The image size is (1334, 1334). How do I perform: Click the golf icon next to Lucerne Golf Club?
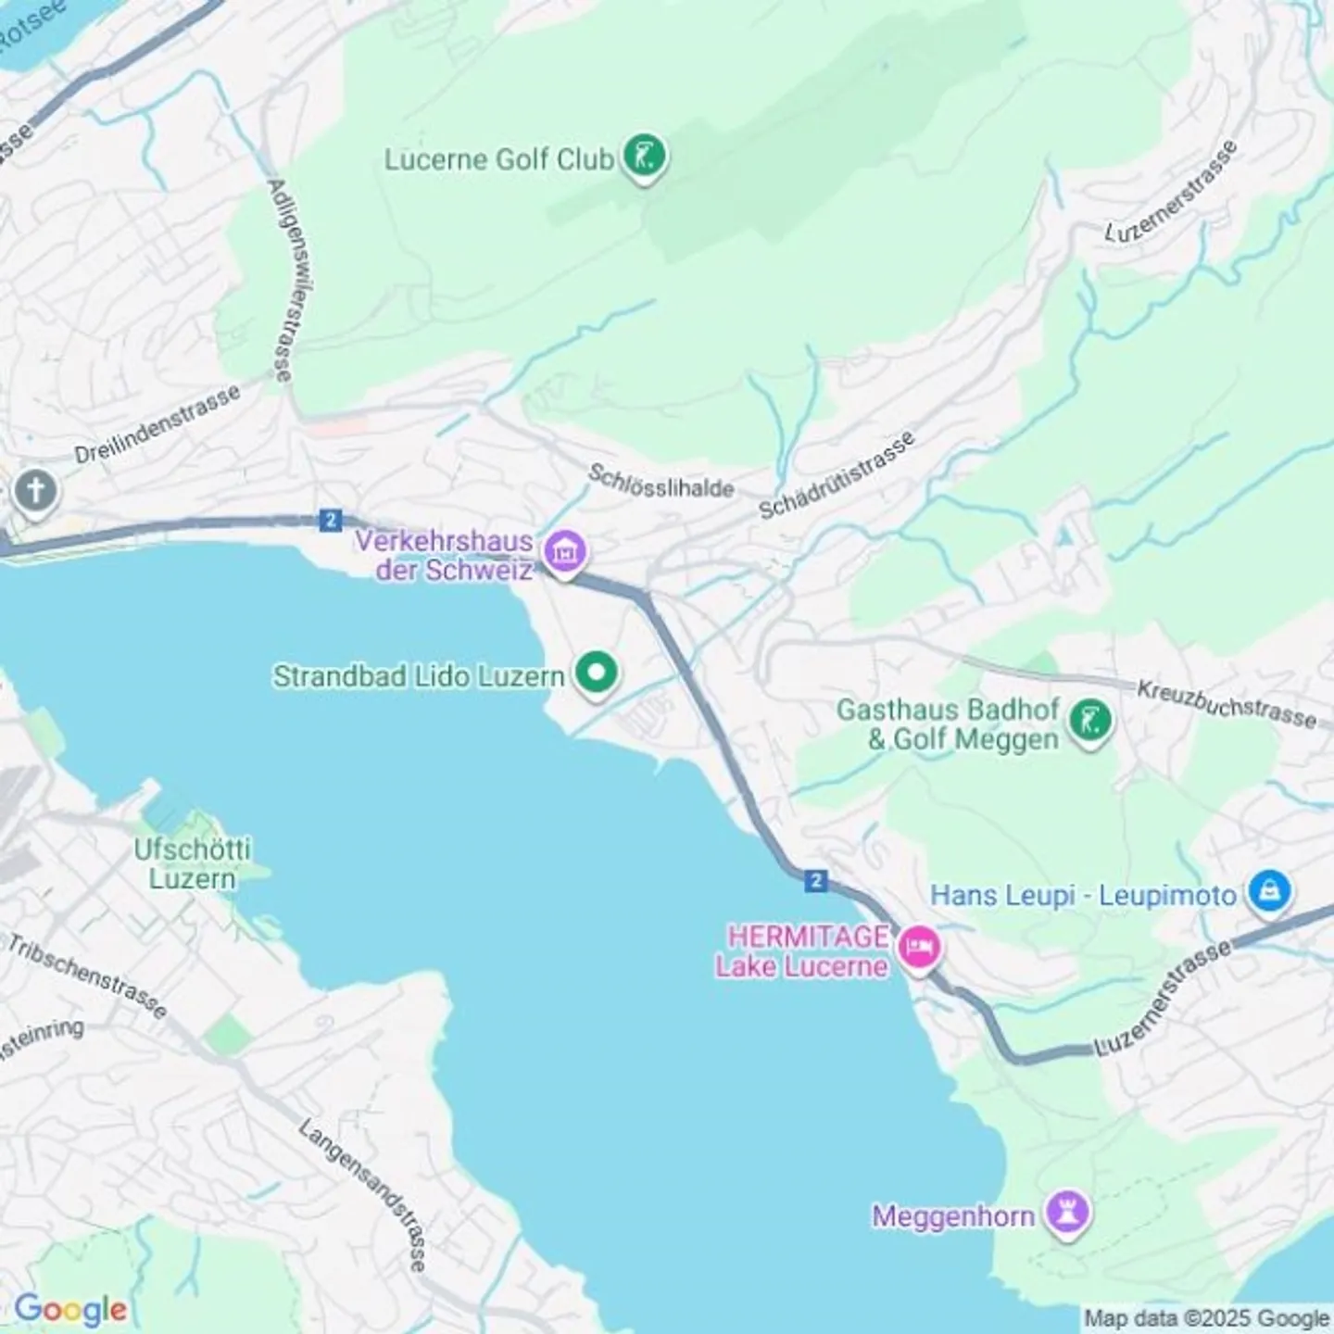[644, 156]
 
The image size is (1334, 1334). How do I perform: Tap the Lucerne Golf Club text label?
[498, 159]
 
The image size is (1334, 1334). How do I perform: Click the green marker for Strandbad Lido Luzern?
[596, 673]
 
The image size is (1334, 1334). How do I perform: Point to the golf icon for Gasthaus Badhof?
[1089, 721]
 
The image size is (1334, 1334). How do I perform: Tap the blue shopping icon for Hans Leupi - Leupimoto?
[1270, 891]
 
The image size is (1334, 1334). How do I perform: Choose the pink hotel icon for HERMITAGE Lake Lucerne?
[918, 948]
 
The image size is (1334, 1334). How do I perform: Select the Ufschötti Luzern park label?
[192, 863]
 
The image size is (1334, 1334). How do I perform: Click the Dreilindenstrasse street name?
[157, 425]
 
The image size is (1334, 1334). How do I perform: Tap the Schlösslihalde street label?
[661, 482]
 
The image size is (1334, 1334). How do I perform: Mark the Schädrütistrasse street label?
[837, 475]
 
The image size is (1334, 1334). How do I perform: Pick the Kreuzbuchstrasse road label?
[1226, 704]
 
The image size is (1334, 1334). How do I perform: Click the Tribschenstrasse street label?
[87, 975]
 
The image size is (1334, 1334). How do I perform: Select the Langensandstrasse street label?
[364, 1195]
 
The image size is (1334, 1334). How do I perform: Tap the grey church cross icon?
[35, 490]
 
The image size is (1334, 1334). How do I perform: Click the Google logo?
[70, 1309]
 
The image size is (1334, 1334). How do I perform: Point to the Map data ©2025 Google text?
[1206, 1317]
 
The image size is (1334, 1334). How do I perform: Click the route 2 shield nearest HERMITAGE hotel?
[815, 880]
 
